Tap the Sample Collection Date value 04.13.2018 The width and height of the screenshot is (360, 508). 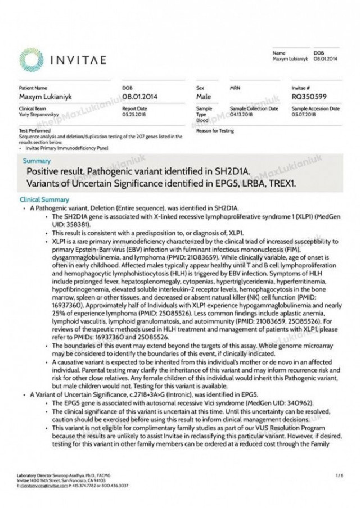pos(241,114)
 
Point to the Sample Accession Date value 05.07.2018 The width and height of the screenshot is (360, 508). pos(304,114)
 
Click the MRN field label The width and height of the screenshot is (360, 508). pos(235,88)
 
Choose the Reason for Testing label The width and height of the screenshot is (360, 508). pos(215,131)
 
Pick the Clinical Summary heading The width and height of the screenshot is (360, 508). pos(44,199)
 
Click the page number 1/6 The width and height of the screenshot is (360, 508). pos(338,476)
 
